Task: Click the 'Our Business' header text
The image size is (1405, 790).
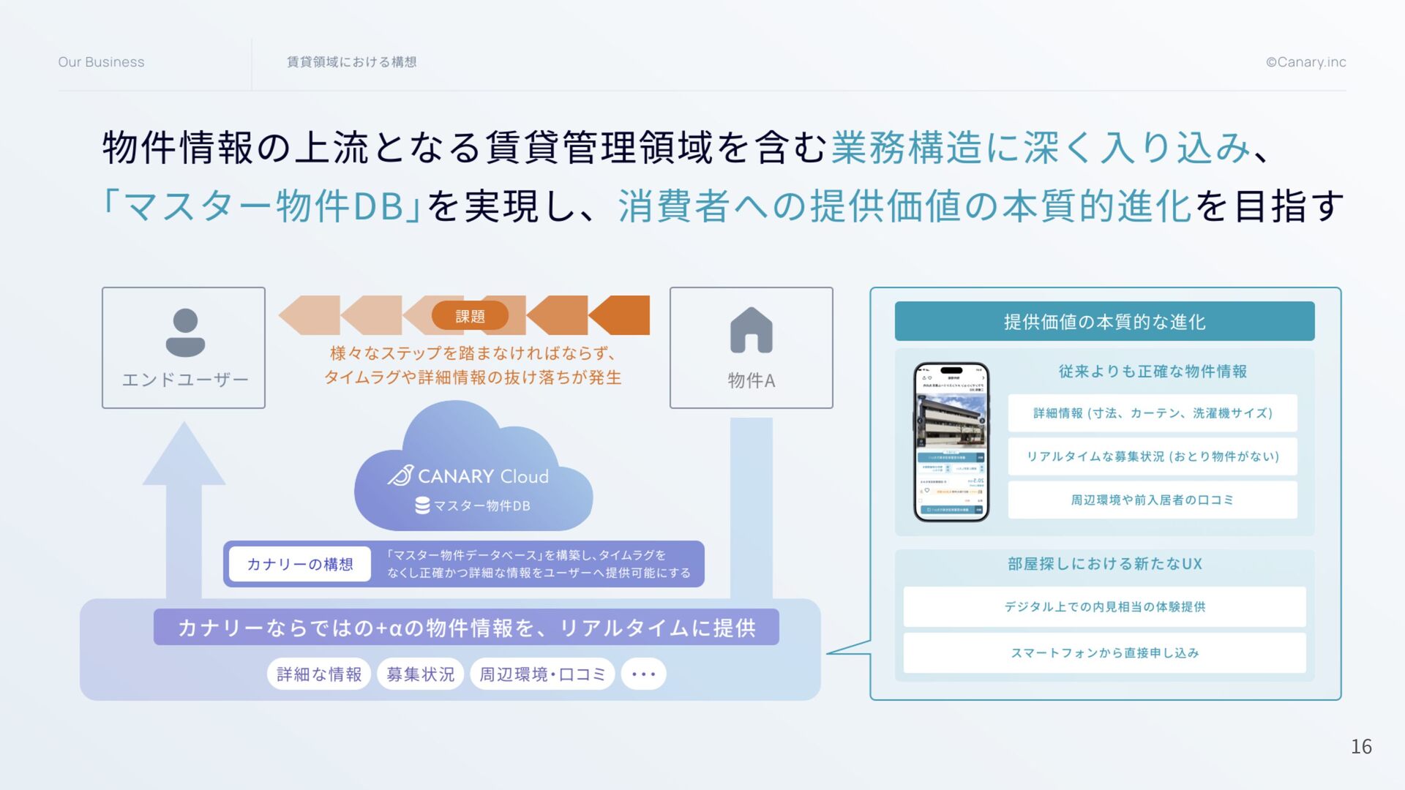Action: (x=101, y=62)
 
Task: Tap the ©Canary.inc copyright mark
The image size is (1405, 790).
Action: (x=1305, y=62)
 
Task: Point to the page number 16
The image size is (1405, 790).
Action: (x=1361, y=746)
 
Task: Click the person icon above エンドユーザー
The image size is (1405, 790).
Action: (x=185, y=332)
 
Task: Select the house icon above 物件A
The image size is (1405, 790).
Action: (x=751, y=331)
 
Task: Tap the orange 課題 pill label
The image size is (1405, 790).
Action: (x=470, y=316)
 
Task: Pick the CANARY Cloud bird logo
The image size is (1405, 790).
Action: (x=400, y=475)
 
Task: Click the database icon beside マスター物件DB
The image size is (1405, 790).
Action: (x=422, y=505)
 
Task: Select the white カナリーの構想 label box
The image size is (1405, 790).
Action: (x=299, y=564)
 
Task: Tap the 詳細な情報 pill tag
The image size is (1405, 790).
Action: (x=319, y=674)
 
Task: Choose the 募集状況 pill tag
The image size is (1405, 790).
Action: (x=420, y=674)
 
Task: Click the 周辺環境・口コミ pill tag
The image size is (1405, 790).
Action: (x=542, y=674)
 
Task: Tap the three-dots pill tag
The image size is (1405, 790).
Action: (x=643, y=674)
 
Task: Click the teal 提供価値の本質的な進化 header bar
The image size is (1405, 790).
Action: (x=1104, y=321)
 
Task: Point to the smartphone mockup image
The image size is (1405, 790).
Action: (x=951, y=442)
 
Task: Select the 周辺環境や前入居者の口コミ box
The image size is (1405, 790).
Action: (x=1152, y=500)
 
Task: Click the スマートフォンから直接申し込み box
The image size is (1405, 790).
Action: (x=1104, y=652)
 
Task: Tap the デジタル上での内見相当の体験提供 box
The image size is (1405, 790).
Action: (x=1104, y=606)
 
